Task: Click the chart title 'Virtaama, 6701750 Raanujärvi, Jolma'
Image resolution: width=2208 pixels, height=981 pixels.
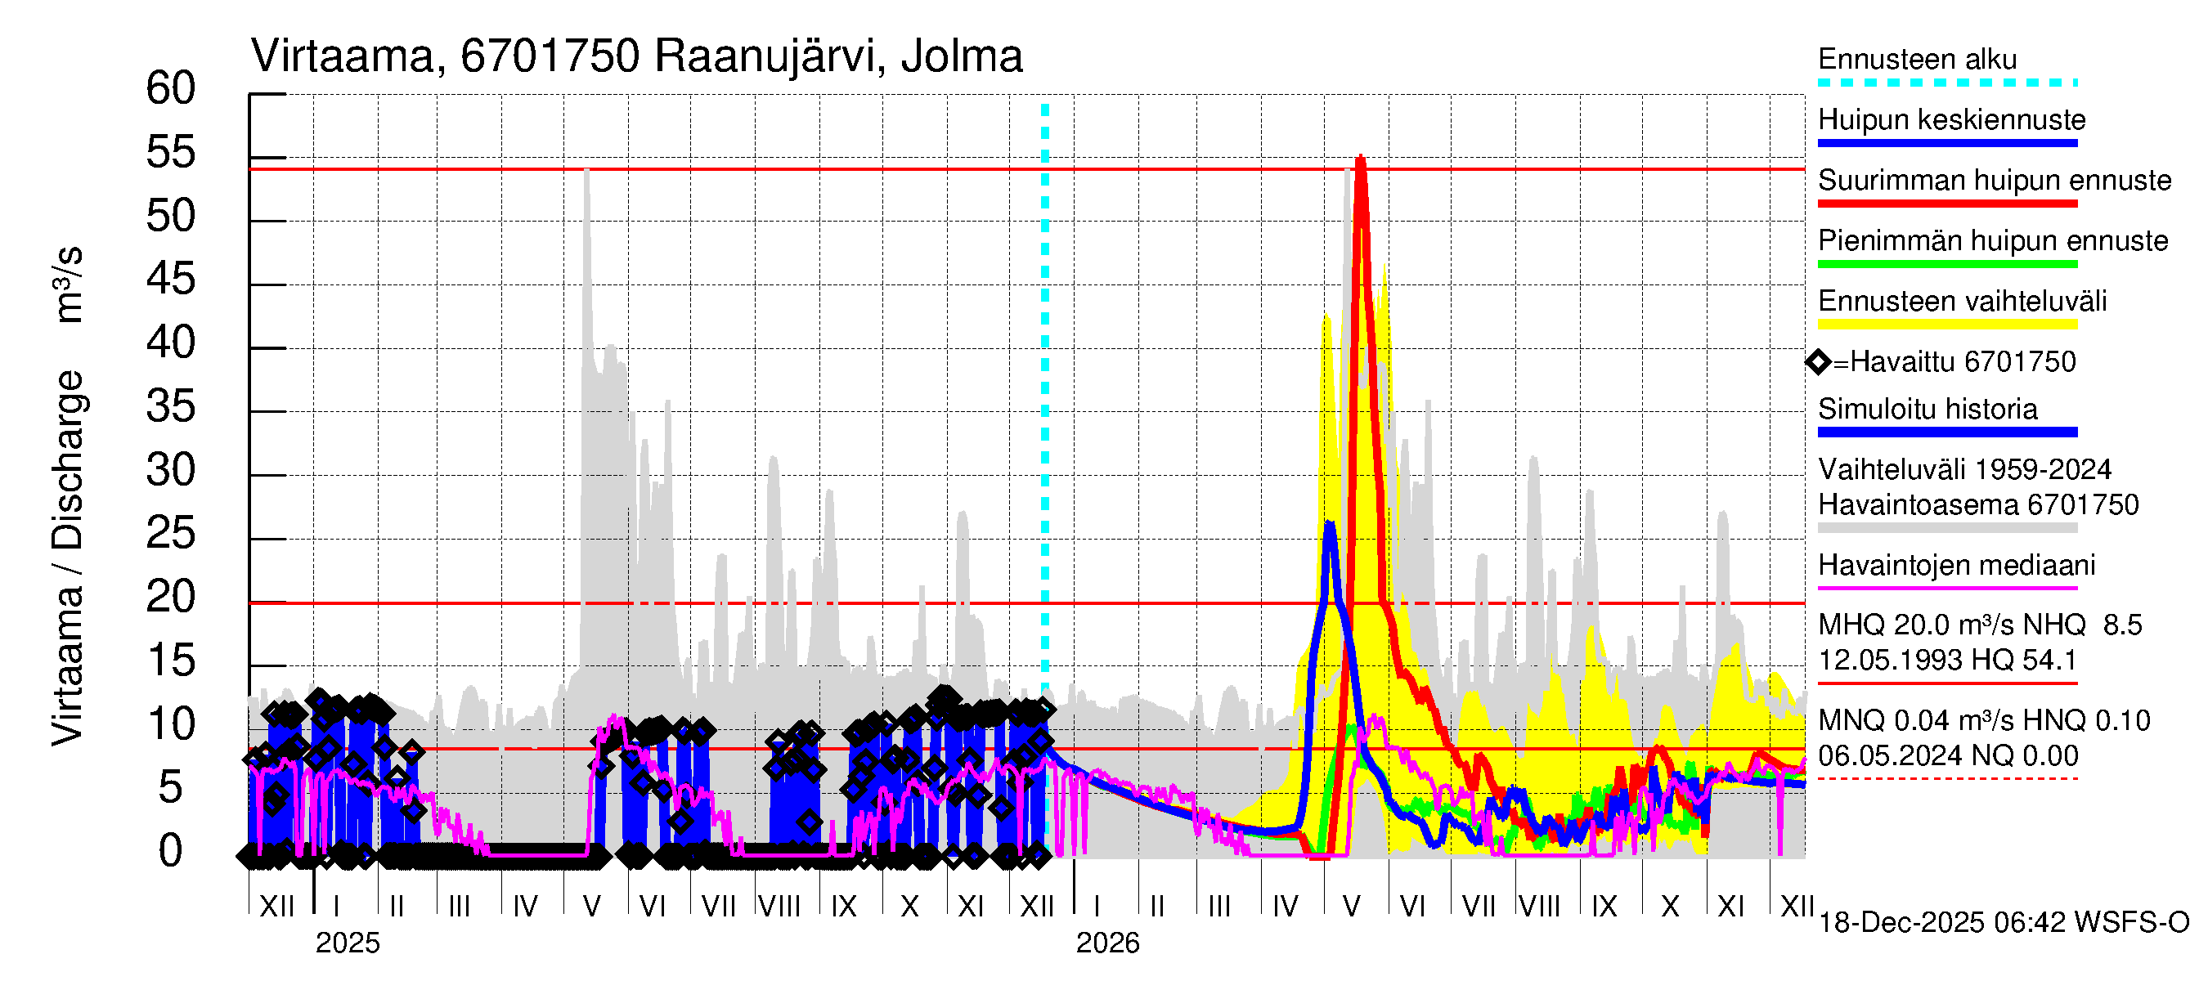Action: click(x=637, y=56)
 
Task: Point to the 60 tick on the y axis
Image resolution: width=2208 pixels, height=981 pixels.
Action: click(x=171, y=88)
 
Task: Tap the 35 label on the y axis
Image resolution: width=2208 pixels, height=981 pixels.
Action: click(x=171, y=406)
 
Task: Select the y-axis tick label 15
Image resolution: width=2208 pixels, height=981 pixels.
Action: click(x=171, y=661)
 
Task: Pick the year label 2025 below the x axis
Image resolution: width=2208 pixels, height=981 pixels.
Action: click(x=347, y=943)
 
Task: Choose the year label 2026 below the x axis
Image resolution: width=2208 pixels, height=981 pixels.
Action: click(x=1107, y=943)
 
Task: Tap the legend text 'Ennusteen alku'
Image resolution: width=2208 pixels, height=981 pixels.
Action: click(x=1918, y=59)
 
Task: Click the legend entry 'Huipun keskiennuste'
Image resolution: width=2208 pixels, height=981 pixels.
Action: click(x=1952, y=119)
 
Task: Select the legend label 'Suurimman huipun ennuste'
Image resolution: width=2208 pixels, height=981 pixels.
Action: click(x=1995, y=180)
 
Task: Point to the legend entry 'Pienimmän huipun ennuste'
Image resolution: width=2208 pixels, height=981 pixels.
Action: click(x=1993, y=240)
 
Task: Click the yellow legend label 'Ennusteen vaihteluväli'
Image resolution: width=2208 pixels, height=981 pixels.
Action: click(x=1962, y=301)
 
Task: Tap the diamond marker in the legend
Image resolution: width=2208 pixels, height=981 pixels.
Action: click(x=1818, y=362)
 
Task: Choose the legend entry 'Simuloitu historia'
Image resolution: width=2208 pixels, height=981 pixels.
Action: click(x=1928, y=409)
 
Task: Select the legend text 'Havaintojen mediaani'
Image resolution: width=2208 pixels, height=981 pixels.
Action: click(x=1957, y=565)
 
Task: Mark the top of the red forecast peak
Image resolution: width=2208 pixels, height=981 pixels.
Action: click(x=1360, y=157)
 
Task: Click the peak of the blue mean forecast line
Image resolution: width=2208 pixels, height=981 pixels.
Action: click(x=1329, y=522)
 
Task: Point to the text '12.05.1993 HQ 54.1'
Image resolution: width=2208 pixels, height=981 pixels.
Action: click(x=1946, y=660)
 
